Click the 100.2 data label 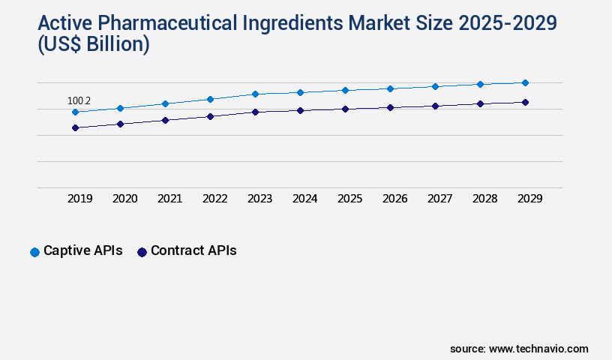[79, 100]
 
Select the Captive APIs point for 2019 [75, 112]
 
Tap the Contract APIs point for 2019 [75, 128]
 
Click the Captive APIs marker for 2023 [255, 94]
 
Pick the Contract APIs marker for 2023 [255, 112]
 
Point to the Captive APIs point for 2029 [525, 82]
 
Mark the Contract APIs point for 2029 [525, 102]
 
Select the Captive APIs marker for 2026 [390, 88]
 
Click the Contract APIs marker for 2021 [165, 120]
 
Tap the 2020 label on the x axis [125, 199]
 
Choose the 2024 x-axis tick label [305, 199]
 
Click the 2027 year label [440, 199]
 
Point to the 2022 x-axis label [215, 199]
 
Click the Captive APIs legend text [82, 251]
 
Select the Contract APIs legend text [193, 251]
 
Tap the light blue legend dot [34, 252]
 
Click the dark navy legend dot [142, 252]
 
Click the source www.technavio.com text [519, 349]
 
